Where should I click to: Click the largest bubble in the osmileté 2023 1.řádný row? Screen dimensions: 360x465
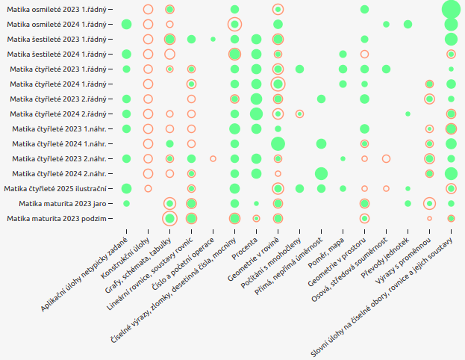[x=451, y=9]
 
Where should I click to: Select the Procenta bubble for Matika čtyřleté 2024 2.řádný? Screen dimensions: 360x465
[x=256, y=114]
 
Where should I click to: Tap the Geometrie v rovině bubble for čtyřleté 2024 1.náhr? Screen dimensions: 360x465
[x=278, y=143]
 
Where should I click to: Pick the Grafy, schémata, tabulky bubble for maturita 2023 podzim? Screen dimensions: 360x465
[x=169, y=218]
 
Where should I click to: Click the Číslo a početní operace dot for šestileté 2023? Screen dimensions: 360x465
[x=213, y=39]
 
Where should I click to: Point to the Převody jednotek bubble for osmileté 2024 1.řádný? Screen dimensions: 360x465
[x=408, y=24]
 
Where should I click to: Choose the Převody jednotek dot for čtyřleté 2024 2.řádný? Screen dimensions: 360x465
[x=408, y=114]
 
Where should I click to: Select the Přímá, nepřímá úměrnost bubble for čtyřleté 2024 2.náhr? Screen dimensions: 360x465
[x=321, y=173]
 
